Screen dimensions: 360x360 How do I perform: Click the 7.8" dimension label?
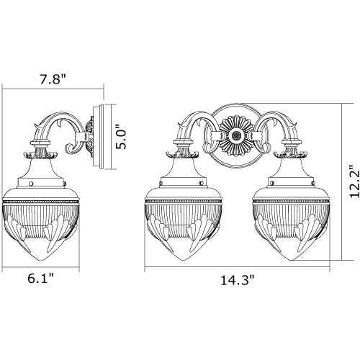coord(53,79)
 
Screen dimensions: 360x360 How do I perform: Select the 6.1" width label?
coord(40,279)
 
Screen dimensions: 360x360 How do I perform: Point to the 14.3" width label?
coord(238,280)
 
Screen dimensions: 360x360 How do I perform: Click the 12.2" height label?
coord(355,181)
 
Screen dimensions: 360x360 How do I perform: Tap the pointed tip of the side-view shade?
coord(41,261)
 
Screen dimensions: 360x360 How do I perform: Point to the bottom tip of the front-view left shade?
coord(184,261)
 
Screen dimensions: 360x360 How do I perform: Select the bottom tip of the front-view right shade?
coord(291,261)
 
